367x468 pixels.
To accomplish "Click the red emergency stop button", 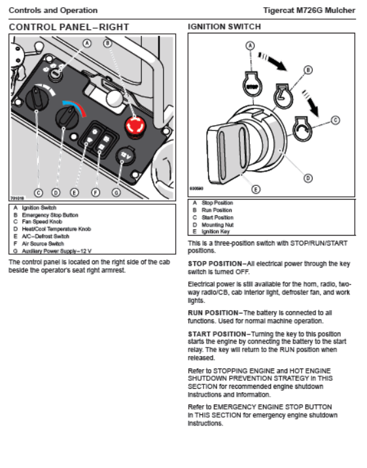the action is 135,126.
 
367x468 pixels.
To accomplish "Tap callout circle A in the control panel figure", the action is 87,44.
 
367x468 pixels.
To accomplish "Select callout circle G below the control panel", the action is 116,193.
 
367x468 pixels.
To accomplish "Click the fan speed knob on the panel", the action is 37,98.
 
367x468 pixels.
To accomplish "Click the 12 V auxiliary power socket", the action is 126,156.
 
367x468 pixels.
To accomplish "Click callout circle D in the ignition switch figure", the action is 308,178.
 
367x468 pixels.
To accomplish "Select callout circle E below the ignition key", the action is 256,189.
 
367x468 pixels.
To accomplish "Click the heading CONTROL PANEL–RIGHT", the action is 69,27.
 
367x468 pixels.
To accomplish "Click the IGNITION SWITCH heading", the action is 224,27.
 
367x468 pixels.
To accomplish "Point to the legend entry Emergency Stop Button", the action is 50,215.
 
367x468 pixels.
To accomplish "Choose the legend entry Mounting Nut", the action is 217,225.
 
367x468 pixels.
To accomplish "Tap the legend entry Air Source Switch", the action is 43,243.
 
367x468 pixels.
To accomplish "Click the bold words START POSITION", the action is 217,334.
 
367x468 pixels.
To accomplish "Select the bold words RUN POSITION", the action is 213,313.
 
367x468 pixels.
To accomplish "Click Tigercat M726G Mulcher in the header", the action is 309,10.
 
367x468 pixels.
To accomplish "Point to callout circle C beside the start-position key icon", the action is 336,120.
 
